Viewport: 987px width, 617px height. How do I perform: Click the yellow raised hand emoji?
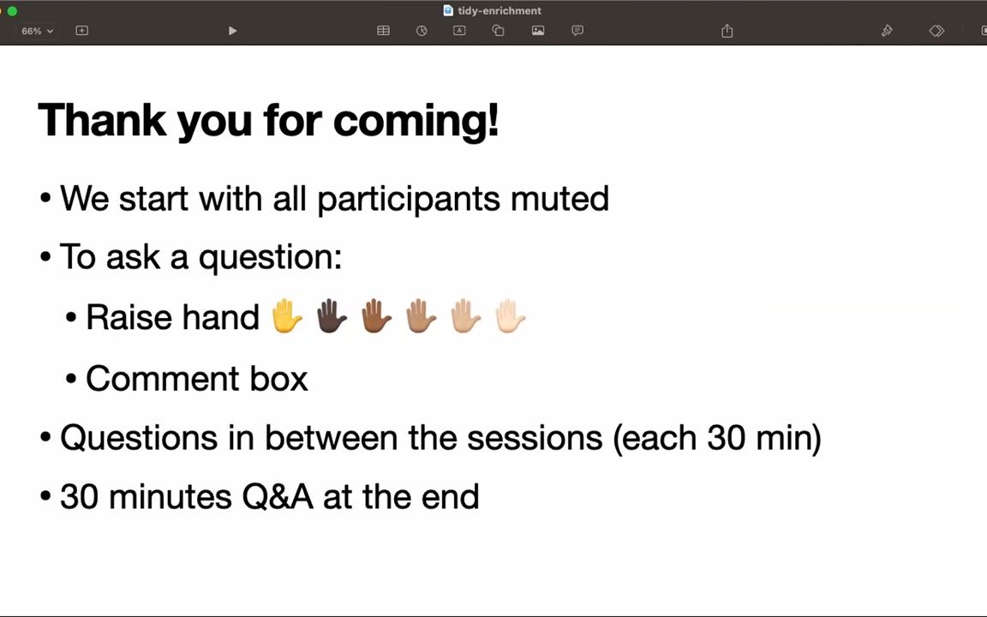tap(287, 316)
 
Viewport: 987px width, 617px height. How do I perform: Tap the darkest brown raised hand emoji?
tap(332, 316)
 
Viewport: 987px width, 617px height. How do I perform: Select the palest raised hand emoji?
tap(510, 316)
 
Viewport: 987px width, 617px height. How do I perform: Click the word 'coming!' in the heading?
tap(416, 120)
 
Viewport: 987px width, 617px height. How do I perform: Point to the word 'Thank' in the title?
tap(103, 119)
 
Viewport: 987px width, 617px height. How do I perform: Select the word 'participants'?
tap(408, 200)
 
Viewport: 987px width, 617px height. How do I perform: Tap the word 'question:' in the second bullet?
tap(271, 258)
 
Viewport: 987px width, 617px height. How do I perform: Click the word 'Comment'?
tap(163, 379)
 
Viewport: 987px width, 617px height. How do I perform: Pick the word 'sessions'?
tap(535, 438)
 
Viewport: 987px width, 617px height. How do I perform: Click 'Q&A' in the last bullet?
tap(278, 497)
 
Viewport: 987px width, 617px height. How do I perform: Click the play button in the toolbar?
tap(232, 31)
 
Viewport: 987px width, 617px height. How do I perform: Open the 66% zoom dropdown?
tap(37, 31)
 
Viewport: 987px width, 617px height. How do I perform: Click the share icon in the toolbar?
tap(727, 30)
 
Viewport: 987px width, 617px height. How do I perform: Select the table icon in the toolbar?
tap(383, 30)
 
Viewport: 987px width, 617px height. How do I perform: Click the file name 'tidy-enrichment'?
tap(499, 10)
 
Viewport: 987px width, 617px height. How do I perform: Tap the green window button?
tap(12, 10)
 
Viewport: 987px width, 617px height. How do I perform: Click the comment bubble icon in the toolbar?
tap(577, 30)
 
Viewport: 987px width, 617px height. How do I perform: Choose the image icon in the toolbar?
tap(537, 30)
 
